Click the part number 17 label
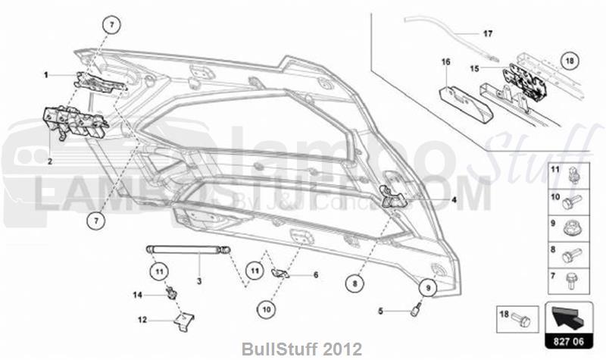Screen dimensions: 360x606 [488, 33]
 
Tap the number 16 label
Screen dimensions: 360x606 [446, 61]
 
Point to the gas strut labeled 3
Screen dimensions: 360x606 [185, 249]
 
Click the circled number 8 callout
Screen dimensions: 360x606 [354, 283]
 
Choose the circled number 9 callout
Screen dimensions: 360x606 [426, 287]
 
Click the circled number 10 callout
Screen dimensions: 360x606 [265, 308]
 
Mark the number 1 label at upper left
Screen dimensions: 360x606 [46, 75]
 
